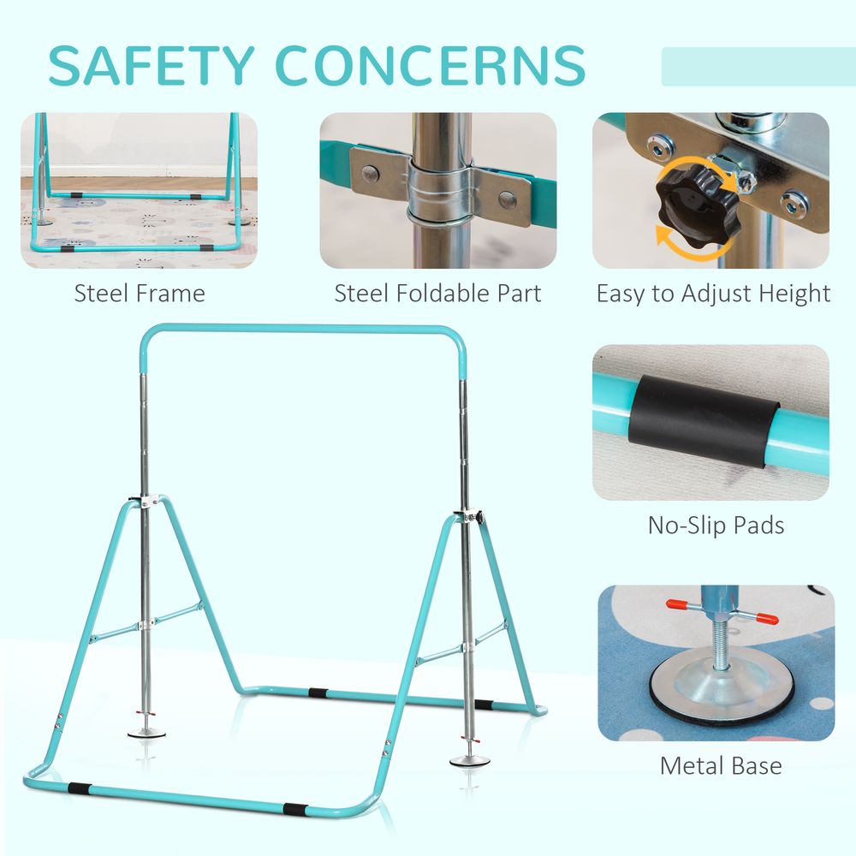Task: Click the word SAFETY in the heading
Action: click(x=152, y=66)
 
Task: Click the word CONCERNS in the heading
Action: click(x=431, y=66)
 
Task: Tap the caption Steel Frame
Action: click(x=140, y=293)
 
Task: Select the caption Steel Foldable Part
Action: click(x=437, y=293)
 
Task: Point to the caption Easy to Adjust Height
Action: click(x=714, y=294)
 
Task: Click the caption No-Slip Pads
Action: click(x=716, y=526)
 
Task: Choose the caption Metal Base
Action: click(x=721, y=765)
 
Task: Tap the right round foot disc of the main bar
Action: click(x=469, y=761)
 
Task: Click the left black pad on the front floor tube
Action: click(x=79, y=789)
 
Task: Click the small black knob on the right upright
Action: click(x=480, y=517)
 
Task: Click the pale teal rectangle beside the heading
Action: click(x=758, y=67)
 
